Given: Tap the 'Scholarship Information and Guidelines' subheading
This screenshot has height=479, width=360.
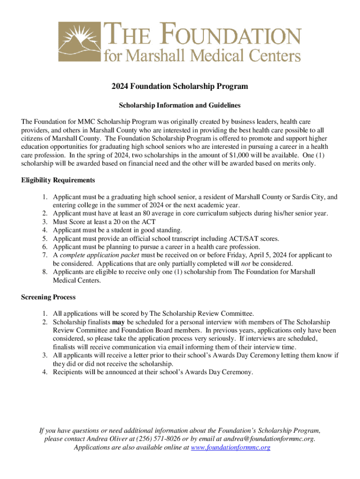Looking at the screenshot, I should pos(180,105).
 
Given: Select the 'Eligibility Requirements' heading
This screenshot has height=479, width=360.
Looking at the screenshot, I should pos(58,180).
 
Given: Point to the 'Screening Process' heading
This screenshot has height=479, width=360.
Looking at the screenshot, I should pos(48,297).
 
